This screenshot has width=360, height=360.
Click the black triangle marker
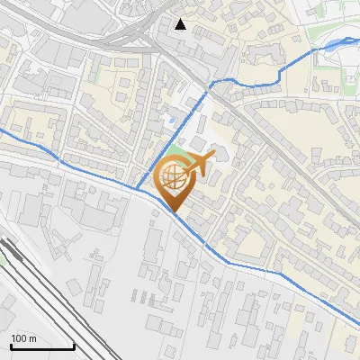point(181,24)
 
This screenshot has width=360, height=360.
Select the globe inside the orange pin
point(175,177)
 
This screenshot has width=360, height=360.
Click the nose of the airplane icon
point(214,156)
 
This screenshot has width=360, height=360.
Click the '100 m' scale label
point(23,338)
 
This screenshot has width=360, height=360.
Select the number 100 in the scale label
point(19,338)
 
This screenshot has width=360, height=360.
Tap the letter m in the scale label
point(32,339)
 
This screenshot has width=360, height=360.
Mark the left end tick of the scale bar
point(10,346)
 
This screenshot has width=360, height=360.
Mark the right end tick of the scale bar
point(74,346)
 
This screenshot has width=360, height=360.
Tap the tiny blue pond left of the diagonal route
point(170,118)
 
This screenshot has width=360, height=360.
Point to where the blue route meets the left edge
point(2,131)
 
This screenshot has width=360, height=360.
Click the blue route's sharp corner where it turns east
point(212,84)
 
